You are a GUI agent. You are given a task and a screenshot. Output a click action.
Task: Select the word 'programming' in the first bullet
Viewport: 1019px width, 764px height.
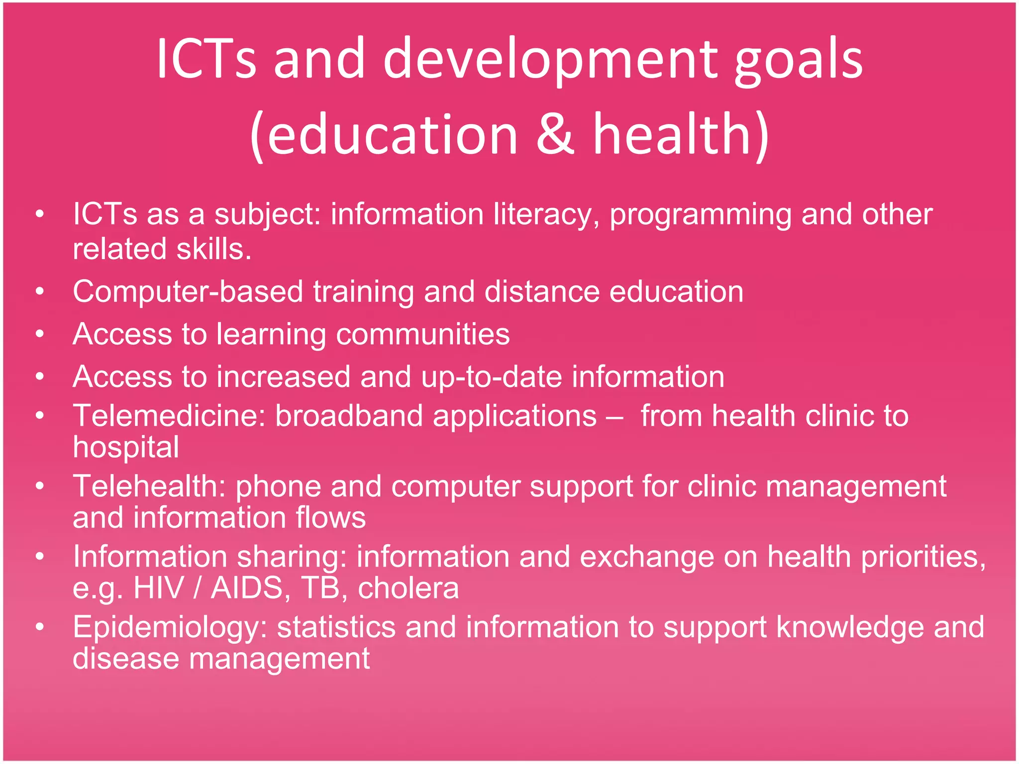tap(700, 215)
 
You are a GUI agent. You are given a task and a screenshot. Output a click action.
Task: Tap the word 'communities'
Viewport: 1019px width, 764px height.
tap(422, 334)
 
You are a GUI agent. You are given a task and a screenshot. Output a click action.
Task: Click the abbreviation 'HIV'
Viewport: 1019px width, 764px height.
tap(159, 588)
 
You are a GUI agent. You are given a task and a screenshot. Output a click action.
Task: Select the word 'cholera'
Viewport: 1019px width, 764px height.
tap(408, 588)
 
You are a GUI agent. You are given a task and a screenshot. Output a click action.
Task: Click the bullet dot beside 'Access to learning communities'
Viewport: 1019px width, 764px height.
tap(40, 334)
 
